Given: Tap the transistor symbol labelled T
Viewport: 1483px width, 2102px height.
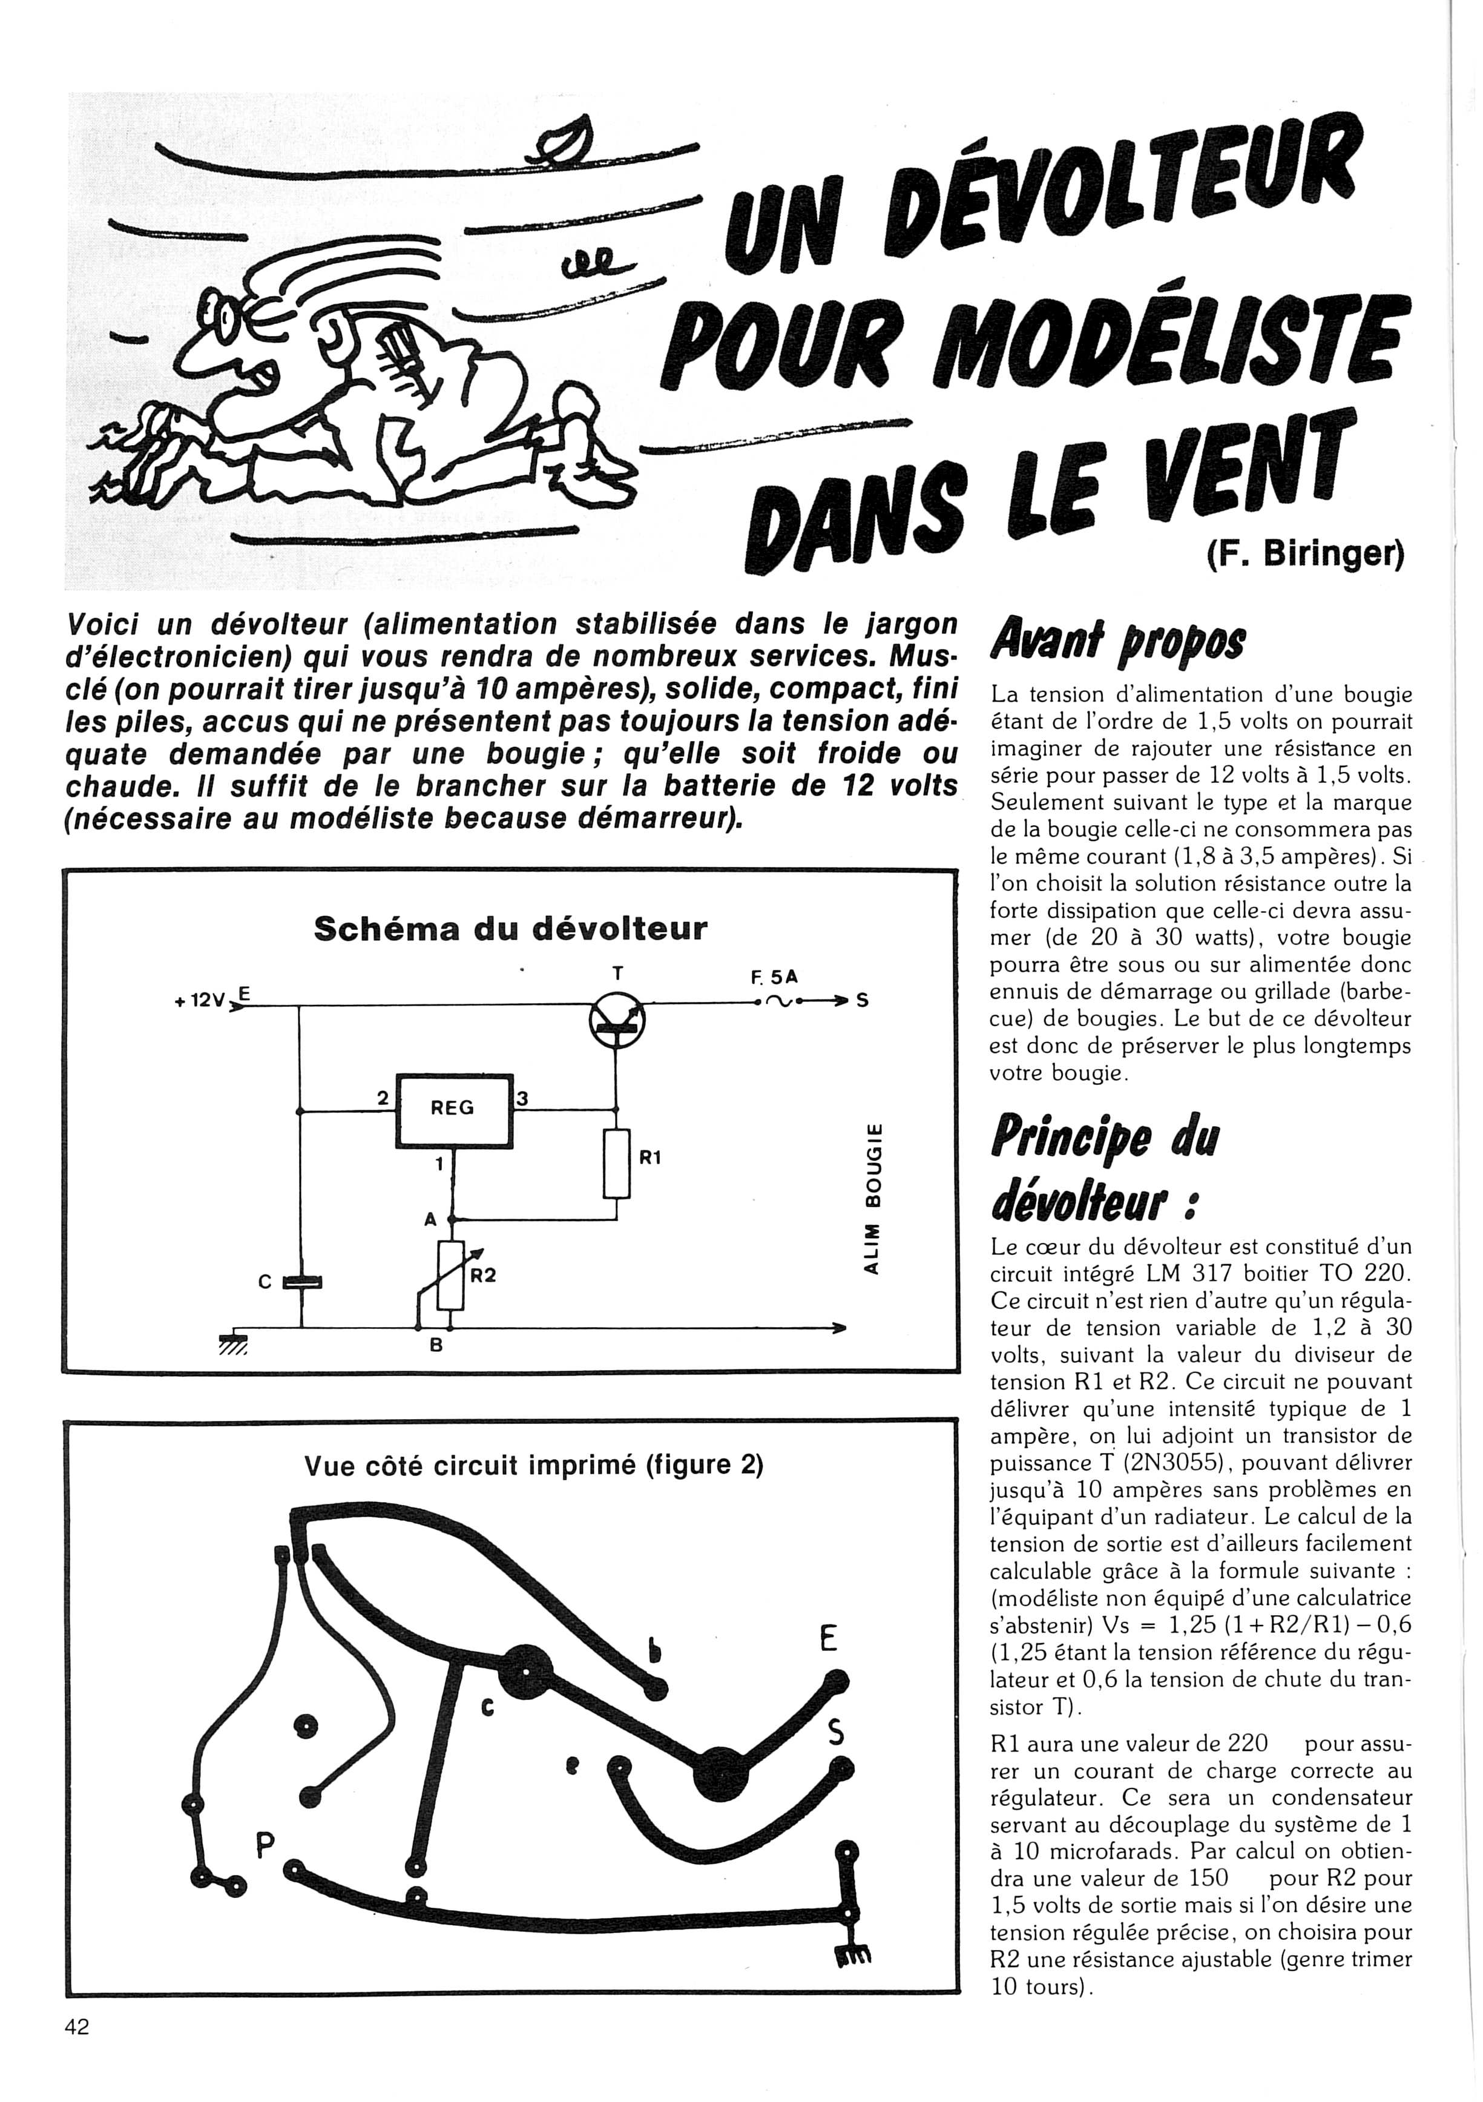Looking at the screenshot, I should click(617, 1018).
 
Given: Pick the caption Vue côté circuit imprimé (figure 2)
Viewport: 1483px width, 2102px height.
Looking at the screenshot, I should click(534, 1466).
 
